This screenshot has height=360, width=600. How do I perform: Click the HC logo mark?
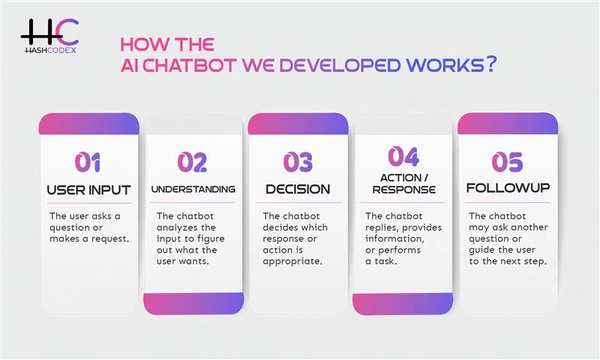pos(48,31)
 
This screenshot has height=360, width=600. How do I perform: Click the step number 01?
pos(88,161)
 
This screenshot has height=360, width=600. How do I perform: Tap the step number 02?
pos(193,161)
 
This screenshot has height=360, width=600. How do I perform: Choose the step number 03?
pos(298,161)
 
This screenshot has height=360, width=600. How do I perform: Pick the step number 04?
pos(403,156)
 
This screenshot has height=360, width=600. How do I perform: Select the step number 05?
pos(508,161)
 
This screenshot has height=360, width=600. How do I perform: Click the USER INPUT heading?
pos(88,189)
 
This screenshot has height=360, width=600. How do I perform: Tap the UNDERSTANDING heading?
pos(193,189)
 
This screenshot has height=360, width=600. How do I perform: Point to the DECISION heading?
pos(298,189)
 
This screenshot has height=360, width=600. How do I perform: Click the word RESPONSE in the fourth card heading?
pos(403,190)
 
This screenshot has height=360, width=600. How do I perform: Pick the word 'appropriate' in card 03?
pos(292,261)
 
